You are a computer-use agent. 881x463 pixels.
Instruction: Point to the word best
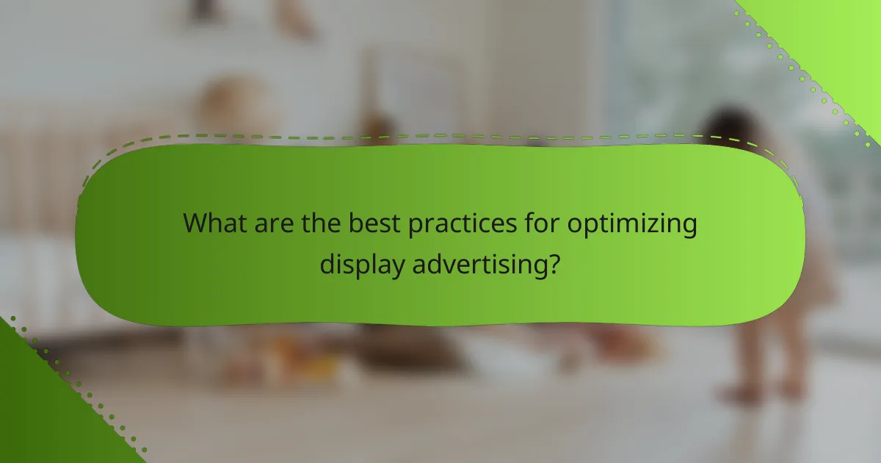click(371, 223)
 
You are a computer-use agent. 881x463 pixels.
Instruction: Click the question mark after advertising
click(555, 263)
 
